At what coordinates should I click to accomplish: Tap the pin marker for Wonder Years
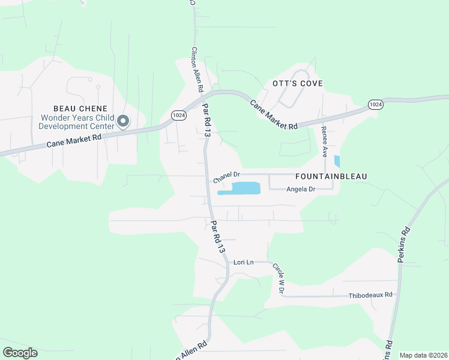click(123, 122)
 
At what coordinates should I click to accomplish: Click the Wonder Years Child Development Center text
click(76, 122)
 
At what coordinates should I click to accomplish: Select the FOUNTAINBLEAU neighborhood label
click(331, 176)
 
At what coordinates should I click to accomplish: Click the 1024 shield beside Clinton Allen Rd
click(178, 115)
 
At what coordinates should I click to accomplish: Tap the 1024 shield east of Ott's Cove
click(375, 105)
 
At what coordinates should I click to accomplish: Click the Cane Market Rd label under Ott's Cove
click(274, 115)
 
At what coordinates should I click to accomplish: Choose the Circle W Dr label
click(277, 278)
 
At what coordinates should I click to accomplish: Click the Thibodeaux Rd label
click(370, 295)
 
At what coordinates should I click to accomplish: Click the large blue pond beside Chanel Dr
click(240, 189)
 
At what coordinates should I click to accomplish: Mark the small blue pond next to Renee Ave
click(337, 161)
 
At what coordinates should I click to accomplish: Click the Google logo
click(20, 353)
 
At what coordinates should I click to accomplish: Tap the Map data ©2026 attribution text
click(423, 355)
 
